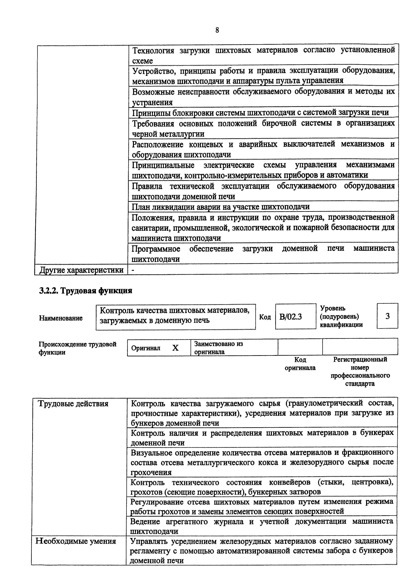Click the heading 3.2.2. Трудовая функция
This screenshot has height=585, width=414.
[x=86, y=291]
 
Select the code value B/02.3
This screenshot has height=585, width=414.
[x=291, y=317]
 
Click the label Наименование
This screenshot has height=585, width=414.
[x=61, y=318]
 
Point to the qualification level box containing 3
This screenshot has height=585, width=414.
[x=387, y=316]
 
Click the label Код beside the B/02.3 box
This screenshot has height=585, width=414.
[x=265, y=317]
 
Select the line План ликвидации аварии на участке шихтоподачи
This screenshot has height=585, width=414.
[x=220, y=207]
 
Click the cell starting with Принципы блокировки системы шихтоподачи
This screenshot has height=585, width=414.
[x=260, y=112]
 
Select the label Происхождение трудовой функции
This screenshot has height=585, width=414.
[x=77, y=348]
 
